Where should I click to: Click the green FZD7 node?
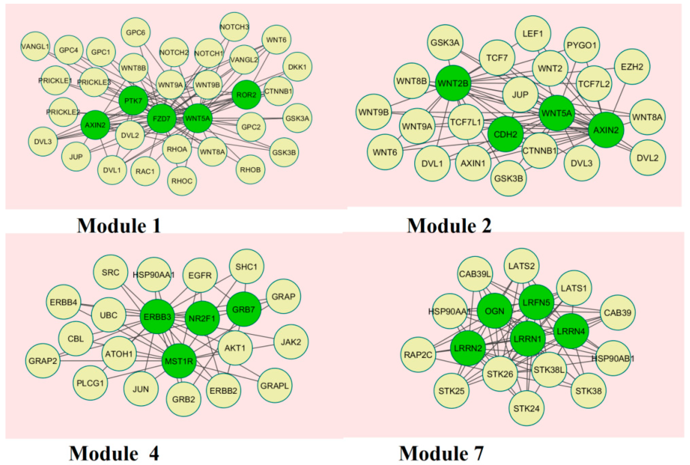(162, 119)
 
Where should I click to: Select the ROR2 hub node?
(246, 95)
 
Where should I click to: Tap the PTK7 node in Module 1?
(133, 101)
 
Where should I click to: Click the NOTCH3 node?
(234, 27)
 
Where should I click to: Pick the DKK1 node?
(297, 67)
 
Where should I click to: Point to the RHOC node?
(182, 181)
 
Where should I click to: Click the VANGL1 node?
(35, 47)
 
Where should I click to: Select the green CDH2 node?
(505, 134)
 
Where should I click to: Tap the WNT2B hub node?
(453, 83)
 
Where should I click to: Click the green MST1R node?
(179, 361)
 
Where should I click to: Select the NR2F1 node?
(202, 318)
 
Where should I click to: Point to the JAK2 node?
(291, 342)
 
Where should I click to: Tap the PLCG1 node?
(90, 383)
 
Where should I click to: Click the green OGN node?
(495, 311)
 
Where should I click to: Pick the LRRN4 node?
(571, 331)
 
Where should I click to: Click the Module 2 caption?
(449, 226)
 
